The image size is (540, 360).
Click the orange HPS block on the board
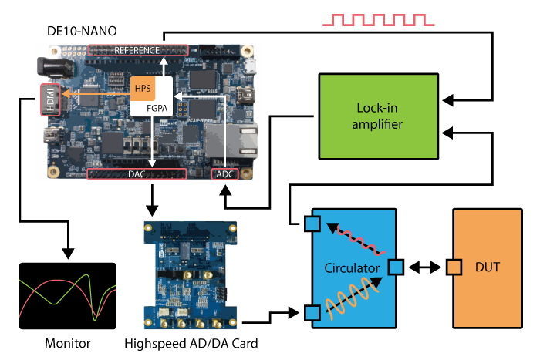tap(143, 87)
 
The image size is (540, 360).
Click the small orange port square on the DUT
tap(454, 267)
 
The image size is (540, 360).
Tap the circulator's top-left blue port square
tap(312, 224)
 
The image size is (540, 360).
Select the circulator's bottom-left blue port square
tap(312, 312)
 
